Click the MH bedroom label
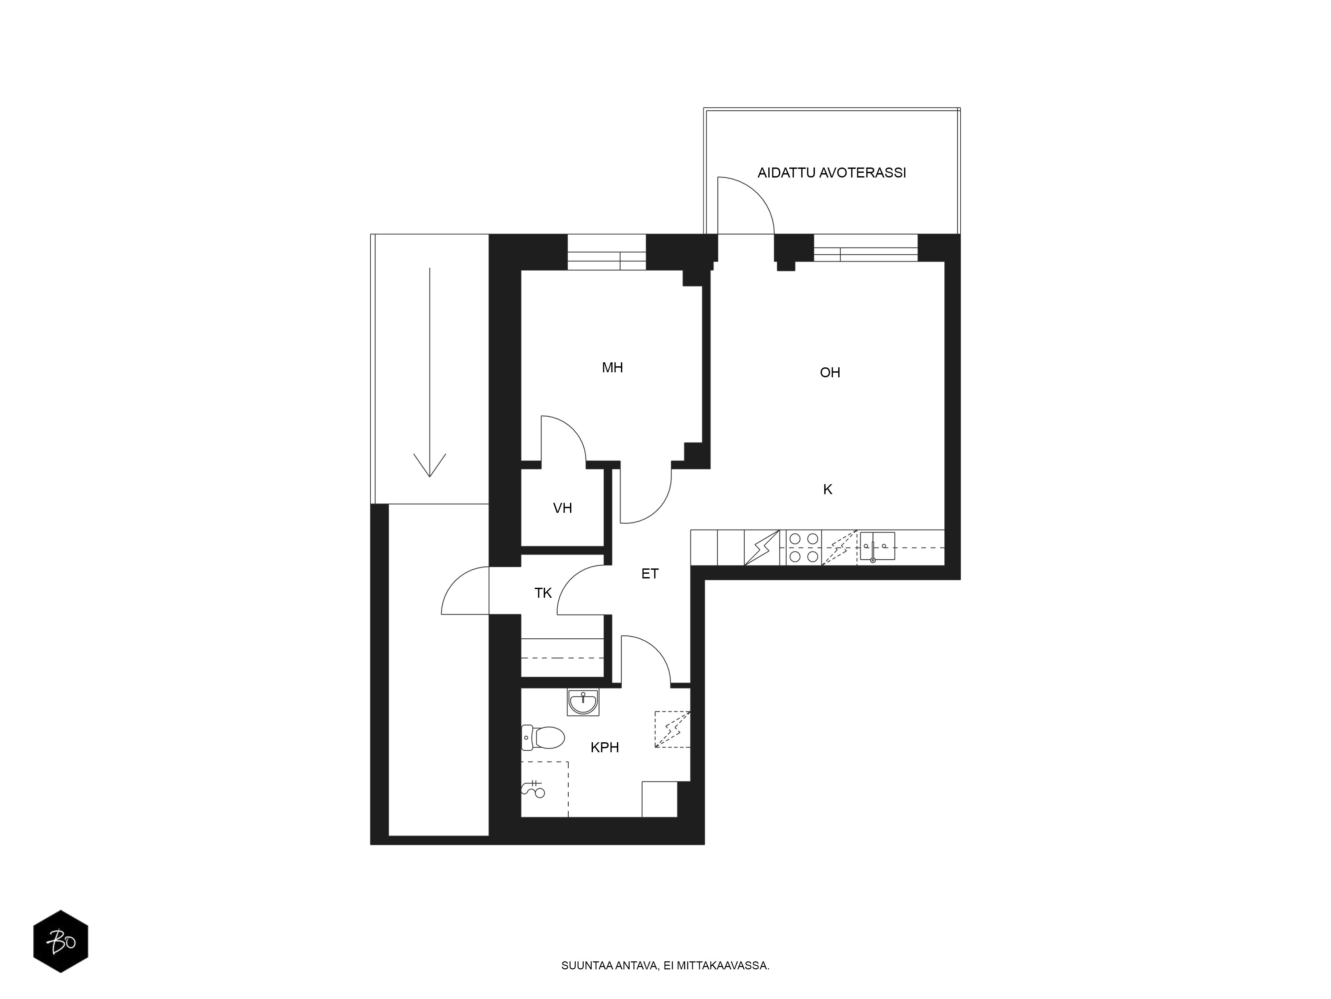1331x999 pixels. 613,367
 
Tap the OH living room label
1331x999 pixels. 830,373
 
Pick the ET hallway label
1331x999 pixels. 650,574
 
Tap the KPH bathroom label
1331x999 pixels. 605,747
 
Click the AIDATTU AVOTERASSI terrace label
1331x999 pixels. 832,173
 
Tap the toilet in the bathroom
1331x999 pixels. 543,737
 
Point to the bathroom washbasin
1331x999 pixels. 583,702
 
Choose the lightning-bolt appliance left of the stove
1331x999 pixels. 762,547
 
